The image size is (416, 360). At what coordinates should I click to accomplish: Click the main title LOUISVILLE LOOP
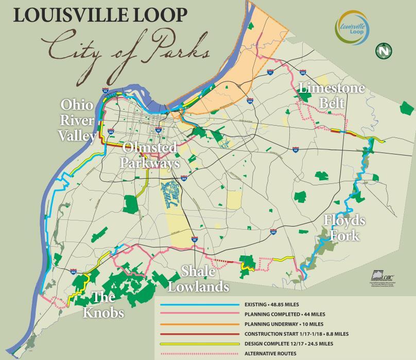[100, 15]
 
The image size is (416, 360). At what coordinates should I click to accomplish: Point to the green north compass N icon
[384, 50]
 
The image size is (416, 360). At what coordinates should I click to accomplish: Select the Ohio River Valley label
[77, 121]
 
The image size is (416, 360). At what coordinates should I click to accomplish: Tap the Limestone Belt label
[332, 95]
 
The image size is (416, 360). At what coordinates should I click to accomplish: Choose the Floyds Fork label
[344, 227]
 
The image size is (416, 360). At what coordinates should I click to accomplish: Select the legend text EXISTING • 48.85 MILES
[272, 305]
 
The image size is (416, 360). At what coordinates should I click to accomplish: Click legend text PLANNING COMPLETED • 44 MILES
[278, 314]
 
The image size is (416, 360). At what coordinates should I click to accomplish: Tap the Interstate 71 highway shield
[270, 74]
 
